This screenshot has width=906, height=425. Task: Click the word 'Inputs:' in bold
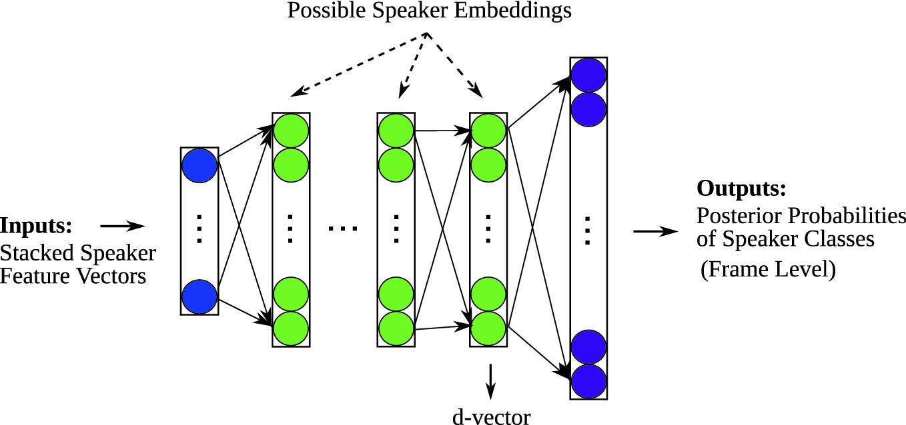pyautogui.click(x=36, y=225)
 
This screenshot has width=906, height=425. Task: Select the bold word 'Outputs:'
pyautogui.click(x=741, y=189)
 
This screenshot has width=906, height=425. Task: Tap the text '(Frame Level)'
pyautogui.click(x=768, y=270)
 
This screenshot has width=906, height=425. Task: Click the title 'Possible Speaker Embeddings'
pyautogui.click(x=430, y=11)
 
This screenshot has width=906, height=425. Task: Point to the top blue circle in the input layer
pyautogui.click(x=199, y=165)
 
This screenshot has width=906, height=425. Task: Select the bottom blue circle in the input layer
pyautogui.click(x=199, y=296)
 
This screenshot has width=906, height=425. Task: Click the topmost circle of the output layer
pyautogui.click(x=588, y=75)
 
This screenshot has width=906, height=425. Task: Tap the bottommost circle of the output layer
pyautogui.click(x=588, y=381)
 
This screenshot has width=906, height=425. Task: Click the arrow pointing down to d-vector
pyautogui.click(x=491, y=380)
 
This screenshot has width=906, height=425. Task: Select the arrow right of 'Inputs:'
pyautogui.click(x=122, y=226)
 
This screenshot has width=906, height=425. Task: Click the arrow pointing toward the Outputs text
pyautogui.click(x=655, y=231)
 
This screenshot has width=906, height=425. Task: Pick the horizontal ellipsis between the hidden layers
pyautogui.click(x=343, y=229)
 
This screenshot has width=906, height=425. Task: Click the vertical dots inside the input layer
pyautogui.click(x=199, y=229)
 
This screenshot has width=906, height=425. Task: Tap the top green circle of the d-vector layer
pyautogui.click(x=488, y=131)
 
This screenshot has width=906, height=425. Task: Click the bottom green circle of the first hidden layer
pyautogui.click(x=291, y=328)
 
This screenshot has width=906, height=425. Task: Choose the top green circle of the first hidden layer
pyautogui.click(x=291, y=131)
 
